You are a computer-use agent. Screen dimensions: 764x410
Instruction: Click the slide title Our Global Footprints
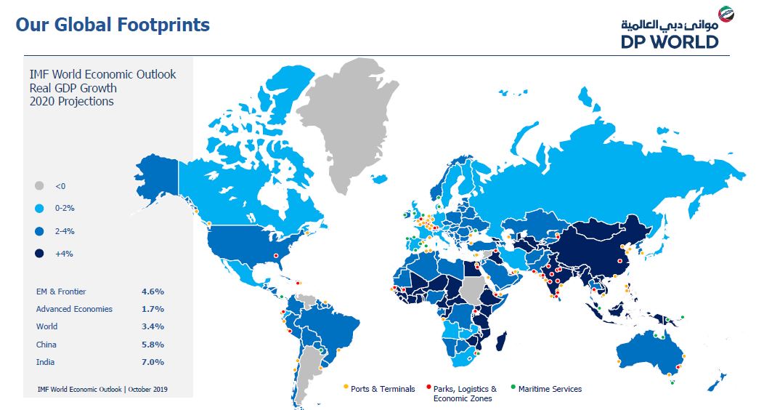coord(113,25)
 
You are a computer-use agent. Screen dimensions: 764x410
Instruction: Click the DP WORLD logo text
coord(670,42)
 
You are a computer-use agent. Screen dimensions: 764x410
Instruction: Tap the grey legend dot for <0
coord(39,186)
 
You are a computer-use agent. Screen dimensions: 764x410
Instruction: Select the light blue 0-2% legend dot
coord(39,208)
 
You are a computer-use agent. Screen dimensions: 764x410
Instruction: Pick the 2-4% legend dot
coord(39,231)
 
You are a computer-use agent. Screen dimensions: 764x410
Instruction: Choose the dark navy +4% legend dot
coord(39,254)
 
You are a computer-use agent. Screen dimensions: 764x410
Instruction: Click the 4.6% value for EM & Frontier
coord(153,292)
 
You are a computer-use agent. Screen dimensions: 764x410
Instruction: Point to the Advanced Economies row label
coord(74,309)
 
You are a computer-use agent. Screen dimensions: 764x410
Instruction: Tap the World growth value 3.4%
coord(153,326)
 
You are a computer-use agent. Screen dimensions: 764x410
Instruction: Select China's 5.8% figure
coord(153,345)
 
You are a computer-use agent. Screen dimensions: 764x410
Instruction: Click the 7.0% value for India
coord(153,362)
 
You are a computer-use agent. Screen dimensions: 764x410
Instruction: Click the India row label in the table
coord(45,362)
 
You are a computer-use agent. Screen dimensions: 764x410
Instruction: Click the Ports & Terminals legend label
coord(383,389)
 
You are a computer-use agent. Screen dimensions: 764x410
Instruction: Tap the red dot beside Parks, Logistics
coord(428,387)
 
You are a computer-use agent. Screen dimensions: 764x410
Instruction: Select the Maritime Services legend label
coord(550,389)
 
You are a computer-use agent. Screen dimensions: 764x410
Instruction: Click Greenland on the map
coord(349,117)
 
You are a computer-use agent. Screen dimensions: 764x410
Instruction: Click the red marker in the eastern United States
coord(276,255)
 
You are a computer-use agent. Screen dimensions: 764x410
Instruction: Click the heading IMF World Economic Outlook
coord(102,75)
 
